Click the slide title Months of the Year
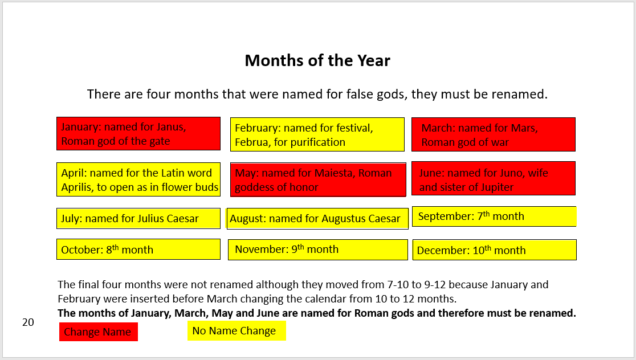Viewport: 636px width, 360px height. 317,60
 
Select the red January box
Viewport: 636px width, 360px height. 138,134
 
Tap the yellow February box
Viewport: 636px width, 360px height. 317,134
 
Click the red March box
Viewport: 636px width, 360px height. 493,134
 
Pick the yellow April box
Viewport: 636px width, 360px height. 138,179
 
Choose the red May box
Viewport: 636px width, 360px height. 317,179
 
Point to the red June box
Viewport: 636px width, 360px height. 493,178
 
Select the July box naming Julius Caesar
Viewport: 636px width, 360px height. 138,218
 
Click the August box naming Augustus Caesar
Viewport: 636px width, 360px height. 317,218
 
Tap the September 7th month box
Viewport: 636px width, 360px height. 494,216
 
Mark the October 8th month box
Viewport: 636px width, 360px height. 138,249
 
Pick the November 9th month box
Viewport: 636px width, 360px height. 317,249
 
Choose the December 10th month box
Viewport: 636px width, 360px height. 494,250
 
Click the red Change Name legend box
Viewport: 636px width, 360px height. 98,332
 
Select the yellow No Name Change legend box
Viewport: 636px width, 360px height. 236,331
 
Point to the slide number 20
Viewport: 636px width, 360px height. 28,322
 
